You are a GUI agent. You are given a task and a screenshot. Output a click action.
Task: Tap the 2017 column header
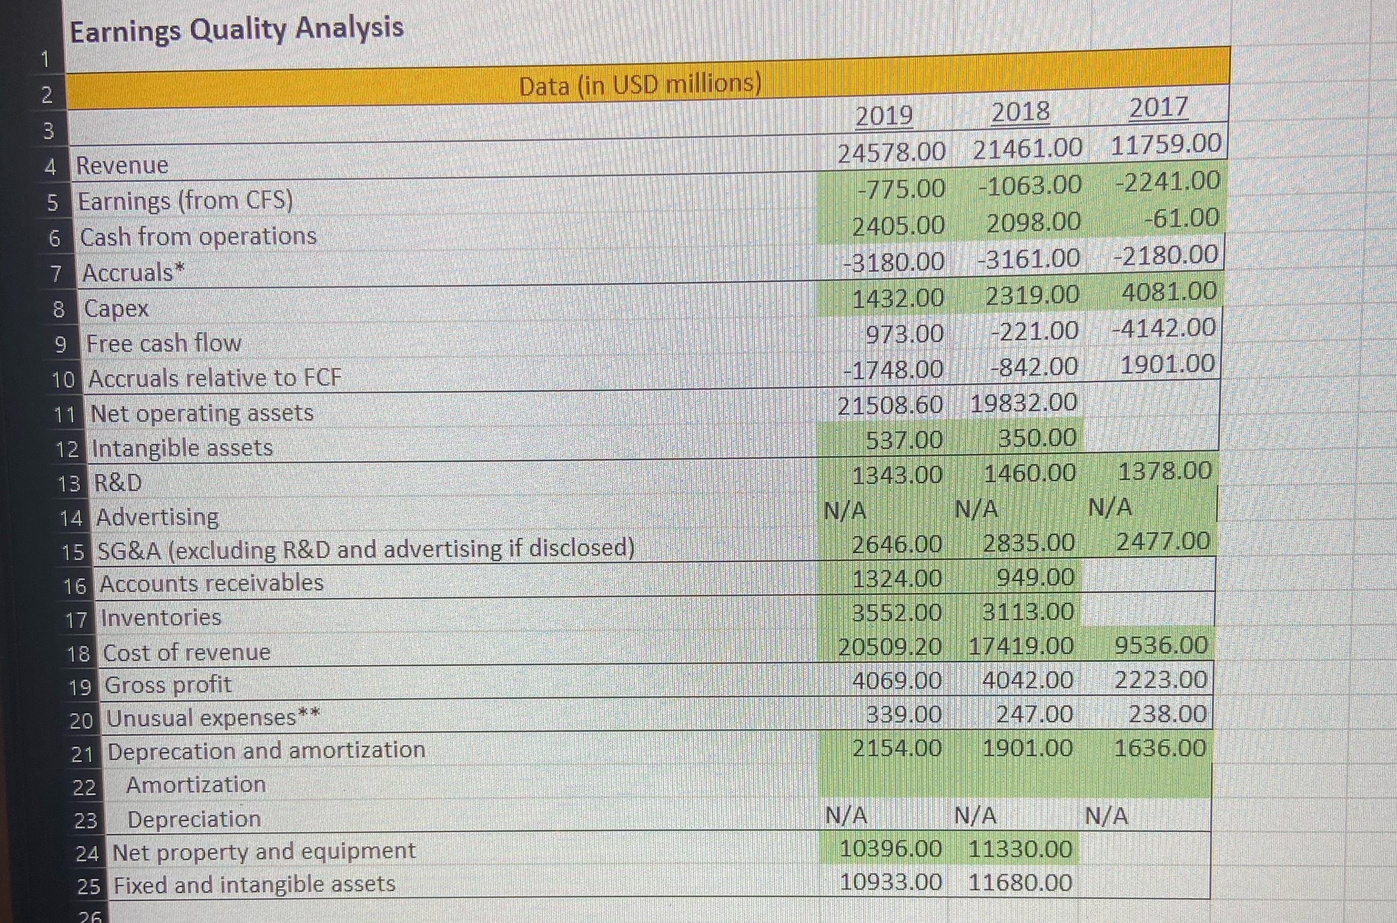click(x=1159, y=108)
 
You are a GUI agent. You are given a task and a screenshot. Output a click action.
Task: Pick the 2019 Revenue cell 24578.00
click(x=891, y=153)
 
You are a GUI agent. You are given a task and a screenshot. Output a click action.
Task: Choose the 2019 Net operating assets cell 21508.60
click(x=890, y=406)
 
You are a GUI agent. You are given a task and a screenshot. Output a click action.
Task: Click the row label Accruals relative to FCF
click(x=215, y=378)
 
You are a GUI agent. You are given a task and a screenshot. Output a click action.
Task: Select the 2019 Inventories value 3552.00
click(x=897, y=613)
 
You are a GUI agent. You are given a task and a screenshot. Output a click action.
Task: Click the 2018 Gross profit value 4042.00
click(x=1027, y=681)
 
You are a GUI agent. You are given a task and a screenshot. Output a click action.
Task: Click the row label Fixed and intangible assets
click(x=255, y=884)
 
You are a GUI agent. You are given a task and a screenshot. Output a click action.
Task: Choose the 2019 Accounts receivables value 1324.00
click(x=897, y=579)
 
